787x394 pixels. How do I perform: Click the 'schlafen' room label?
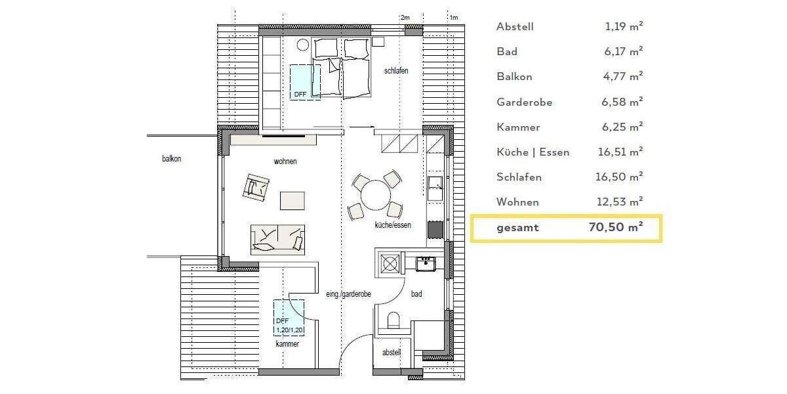pyautogui.click(x=397, y=71)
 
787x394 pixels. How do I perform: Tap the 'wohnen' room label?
pyautogui.click(x=286, y=161)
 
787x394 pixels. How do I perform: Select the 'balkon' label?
pyautogui.click(x=171, y=158)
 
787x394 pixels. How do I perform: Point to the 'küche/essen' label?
pyautogui.click(x=393, y=225)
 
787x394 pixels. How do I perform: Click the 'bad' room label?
pyautogui.click(x=416, y=294)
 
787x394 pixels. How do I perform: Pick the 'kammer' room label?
pyautogui.click(x=287, y=343)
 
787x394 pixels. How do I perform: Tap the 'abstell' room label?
pyautogui.click(x=392, y=352)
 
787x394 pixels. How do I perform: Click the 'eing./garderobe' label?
pyautogui.click(x=349, y=294)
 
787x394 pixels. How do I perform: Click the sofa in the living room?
pyautogui.click(x=278, y=239)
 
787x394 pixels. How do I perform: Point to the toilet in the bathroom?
pyautogui.click(x=394, y=320)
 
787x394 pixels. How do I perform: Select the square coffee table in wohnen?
pyautogui.click(x=293, y=200)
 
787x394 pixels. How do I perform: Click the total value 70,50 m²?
pyautogui.click(x=615, y=227)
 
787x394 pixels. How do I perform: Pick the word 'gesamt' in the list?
pyautogui.click(x=517, y=227)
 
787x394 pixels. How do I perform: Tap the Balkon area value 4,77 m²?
pyautogui.click(x=624, y=76)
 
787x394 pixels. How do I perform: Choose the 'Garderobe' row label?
pyautogui.click(x=524, y=102)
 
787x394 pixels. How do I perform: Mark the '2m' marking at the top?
pyautogui.click(x=405, y=17)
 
